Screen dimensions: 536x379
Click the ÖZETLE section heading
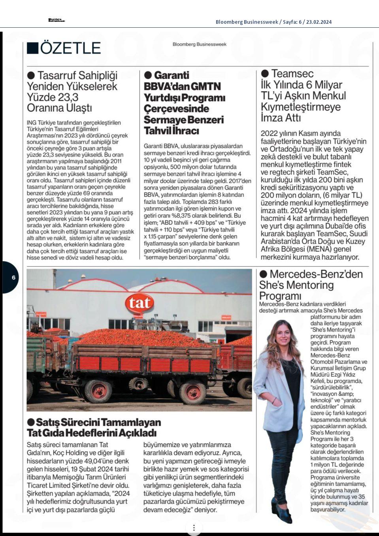pyautogui.click(x=70, y=48)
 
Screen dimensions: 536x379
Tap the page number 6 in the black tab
pyautogui.click(x=13, y=278)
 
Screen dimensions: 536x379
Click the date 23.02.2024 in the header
pyautogui.click(x=319, y=22)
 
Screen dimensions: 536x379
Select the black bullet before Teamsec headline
pyautogui.click(x=265, y=74)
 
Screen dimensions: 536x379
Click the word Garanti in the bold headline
pyautogui.click(x=172, y=75)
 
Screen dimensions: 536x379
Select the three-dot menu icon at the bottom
pyautogui.click(x=194, y=528)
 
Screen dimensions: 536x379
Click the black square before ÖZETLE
pyautogui.click(x=32, y=48)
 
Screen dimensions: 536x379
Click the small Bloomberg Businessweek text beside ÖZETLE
pyautogui.click(x=199, y=44)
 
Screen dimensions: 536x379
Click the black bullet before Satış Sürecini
pyautogui.click(x=31, y=422)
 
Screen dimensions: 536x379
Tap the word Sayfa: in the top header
pyautogui.click(x=291, y=22)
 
